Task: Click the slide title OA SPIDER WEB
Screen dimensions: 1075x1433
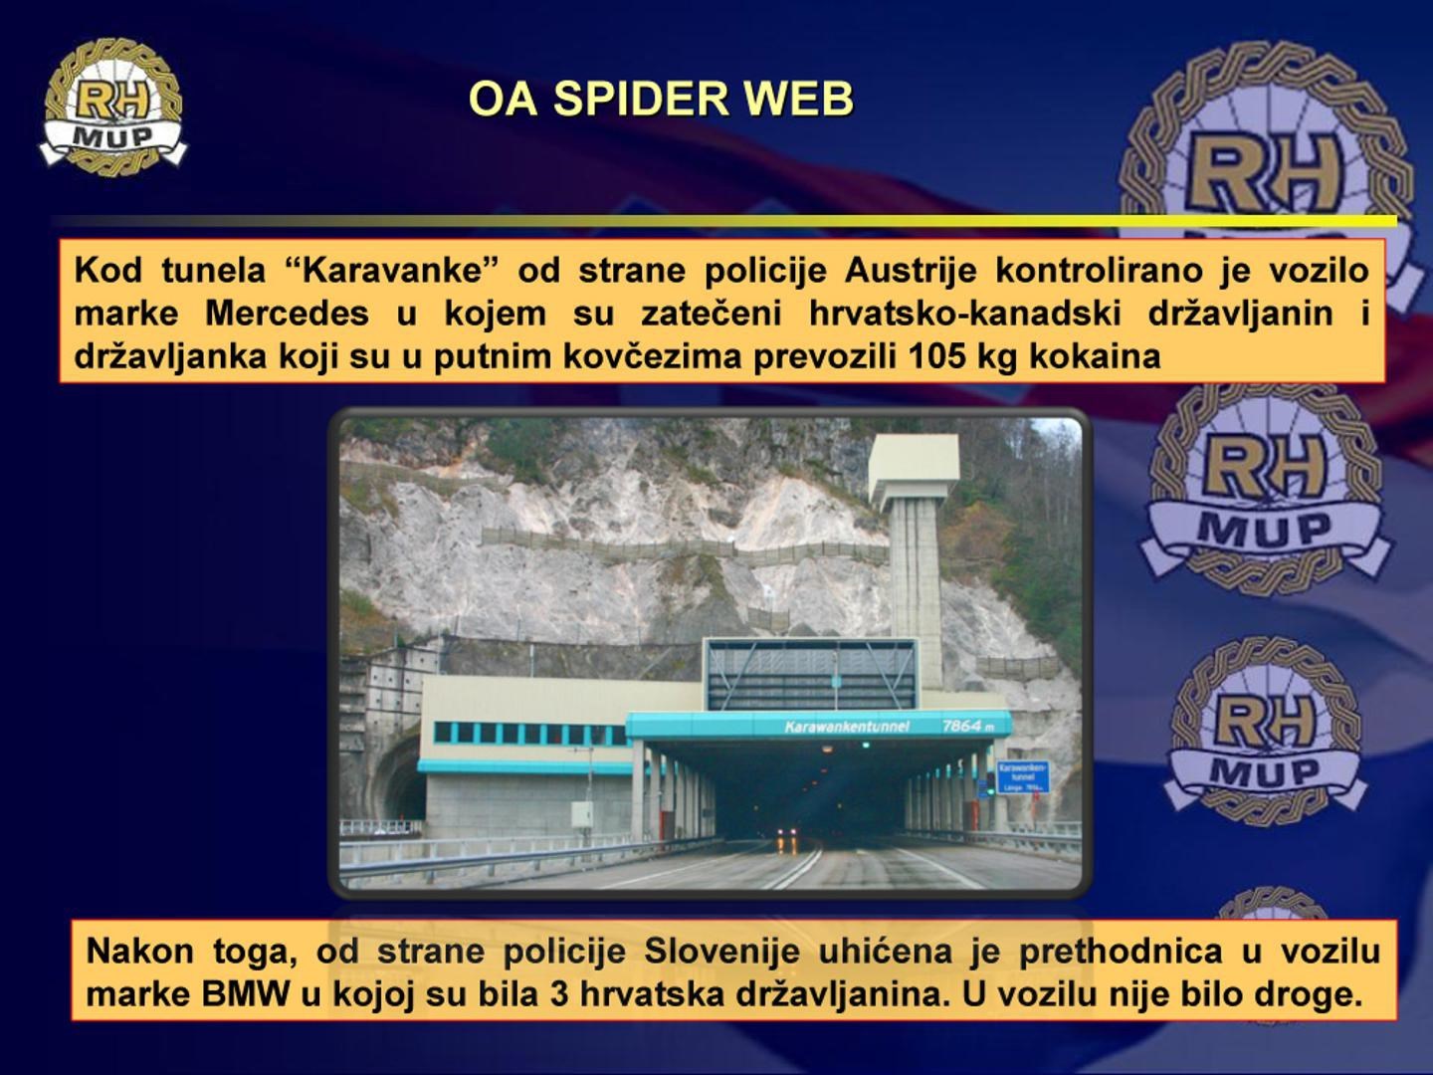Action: (661, 99)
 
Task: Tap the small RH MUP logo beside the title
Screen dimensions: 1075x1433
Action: (112, 107)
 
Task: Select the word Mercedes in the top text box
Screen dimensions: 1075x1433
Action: (287, 314)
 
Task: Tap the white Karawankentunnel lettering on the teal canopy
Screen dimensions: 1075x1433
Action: (846, 727)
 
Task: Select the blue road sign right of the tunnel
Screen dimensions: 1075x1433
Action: (1023, 776)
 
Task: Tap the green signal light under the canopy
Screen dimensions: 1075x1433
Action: (864, 745)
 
